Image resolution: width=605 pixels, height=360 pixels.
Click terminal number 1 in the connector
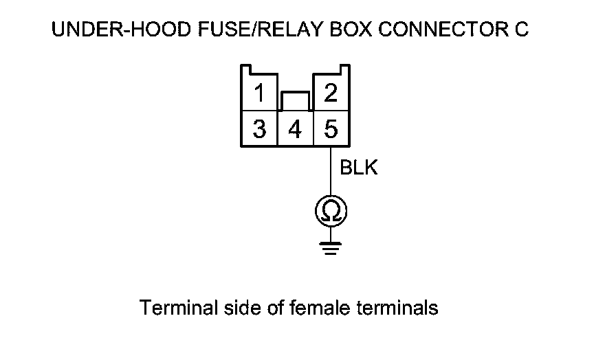click(258, 93)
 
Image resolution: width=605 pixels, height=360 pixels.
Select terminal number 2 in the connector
click(331, 93)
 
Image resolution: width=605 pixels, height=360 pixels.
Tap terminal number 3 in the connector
click(258, 128)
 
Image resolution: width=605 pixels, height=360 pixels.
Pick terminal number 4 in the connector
click(295, 128)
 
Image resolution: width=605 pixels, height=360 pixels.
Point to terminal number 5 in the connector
click(331, 128)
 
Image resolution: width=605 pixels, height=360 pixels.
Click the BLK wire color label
click(359, 168)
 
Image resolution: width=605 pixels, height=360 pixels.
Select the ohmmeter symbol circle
click(331, 212)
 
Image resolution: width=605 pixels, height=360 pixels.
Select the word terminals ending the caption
click(398, 308)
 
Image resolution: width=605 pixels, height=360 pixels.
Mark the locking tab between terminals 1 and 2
click(295, 101)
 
